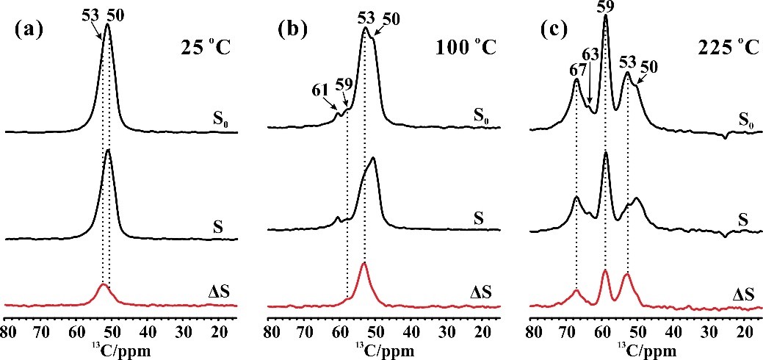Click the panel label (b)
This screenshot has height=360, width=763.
tap(292, 33)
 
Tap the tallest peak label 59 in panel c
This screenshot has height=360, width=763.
tap(606, 7)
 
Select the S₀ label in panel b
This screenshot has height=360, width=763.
tap(481, 115)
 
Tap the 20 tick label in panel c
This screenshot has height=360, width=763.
tap(742, 331)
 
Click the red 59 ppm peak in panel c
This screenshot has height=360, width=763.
tap(605, 271)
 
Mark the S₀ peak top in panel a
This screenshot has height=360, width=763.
tap(107, 25)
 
